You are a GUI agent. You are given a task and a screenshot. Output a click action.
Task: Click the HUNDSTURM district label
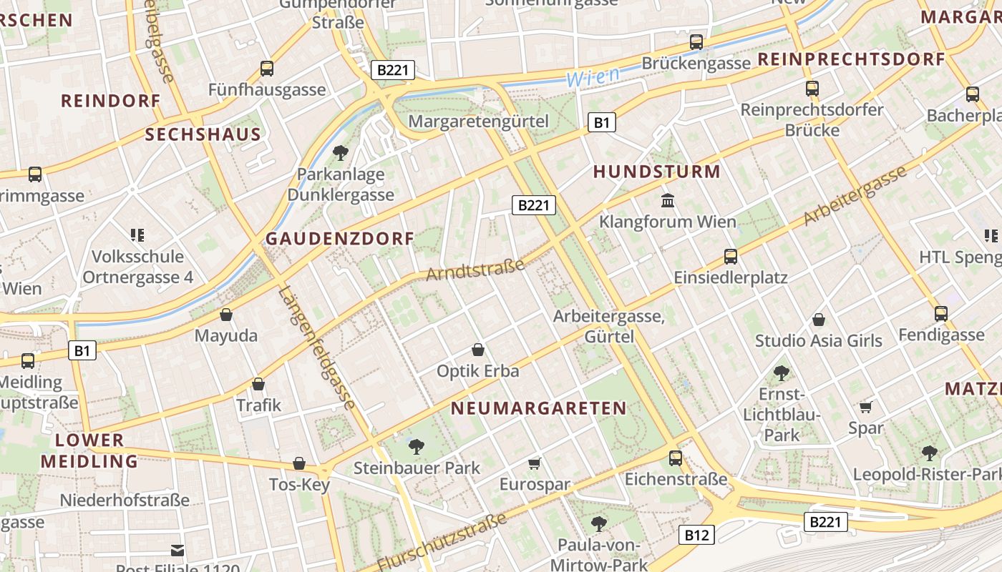(656, 172)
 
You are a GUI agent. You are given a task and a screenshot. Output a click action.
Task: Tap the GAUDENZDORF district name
(340, 239)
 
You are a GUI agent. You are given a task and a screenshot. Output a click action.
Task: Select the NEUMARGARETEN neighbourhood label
(538, 408)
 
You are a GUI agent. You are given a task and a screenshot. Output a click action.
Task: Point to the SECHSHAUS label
(203, 134)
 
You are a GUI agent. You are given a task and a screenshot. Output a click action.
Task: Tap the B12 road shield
(696, 534)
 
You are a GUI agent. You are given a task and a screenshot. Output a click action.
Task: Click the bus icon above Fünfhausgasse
(267, 69)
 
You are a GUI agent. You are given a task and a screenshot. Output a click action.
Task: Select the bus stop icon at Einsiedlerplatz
(731, 256)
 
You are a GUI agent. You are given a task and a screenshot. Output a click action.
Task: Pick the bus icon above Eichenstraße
(676, 458)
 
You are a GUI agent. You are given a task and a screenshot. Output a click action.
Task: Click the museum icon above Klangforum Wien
(668, 200)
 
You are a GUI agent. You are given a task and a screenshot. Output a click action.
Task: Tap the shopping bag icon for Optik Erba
(478, 350)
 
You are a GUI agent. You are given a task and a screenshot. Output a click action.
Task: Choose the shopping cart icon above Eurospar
(535, 464)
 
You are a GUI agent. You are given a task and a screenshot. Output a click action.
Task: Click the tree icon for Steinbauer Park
(416, 447)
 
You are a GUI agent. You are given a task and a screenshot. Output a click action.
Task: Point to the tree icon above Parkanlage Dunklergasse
(341, 152)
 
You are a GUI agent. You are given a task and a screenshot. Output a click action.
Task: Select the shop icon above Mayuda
(226, 315)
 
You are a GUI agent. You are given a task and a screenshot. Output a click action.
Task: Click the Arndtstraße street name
(476, 270)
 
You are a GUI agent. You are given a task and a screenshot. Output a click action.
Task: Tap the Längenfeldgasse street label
(317, 347)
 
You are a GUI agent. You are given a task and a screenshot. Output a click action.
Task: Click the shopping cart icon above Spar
(866, 407)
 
